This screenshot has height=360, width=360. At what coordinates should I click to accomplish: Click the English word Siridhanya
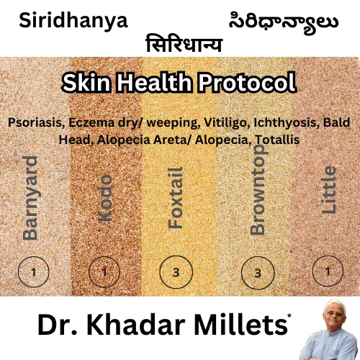[x=73, y=20]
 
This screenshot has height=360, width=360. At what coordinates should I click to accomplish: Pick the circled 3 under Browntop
[x=258, y=273]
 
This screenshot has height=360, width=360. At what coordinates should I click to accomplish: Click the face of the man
[x=331, y=320]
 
